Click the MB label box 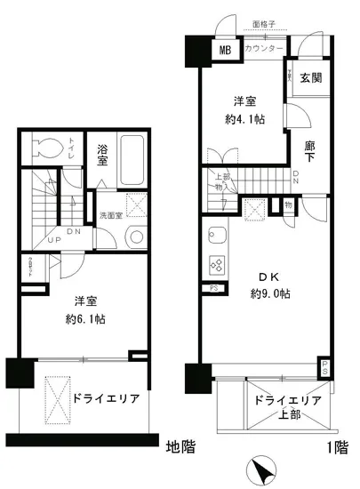tap(227, 50)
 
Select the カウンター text tap(264, 49)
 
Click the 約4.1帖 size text tap(244, 117)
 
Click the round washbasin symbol tap(135, 236)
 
